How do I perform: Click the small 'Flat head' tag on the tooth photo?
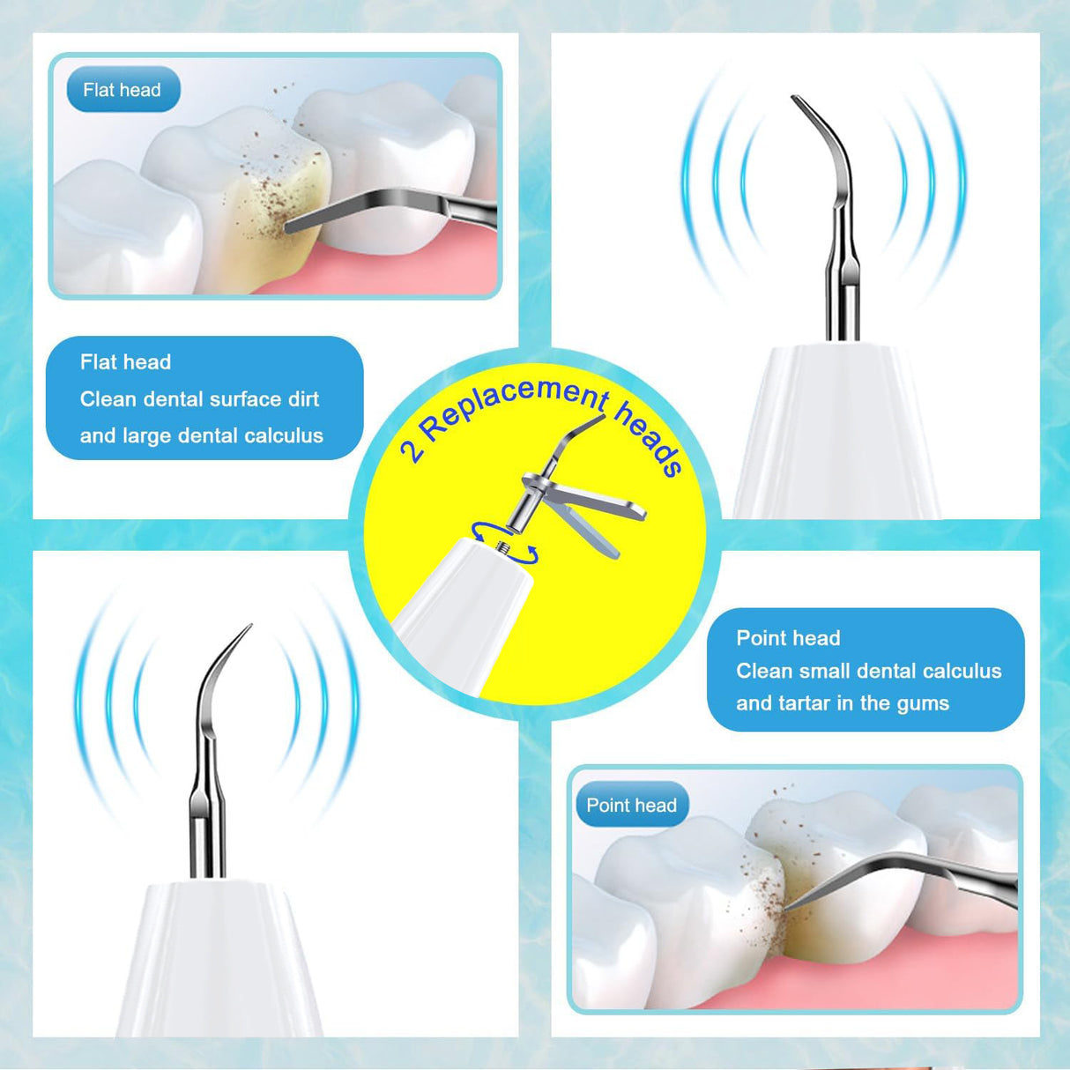pyautogui.click(x=122, y=90)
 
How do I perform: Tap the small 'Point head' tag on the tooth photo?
pyautogui.click(x=631, y=806)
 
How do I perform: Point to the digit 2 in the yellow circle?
pyautogui.click(x=412, y=450)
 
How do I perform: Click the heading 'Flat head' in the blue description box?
pyautogui.click(x=125, y=362)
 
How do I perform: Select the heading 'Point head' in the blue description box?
pyautogui.click(x=788, y=638)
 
